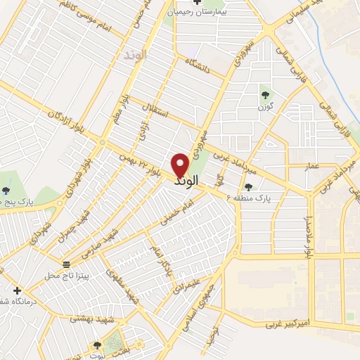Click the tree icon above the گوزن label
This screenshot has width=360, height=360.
click(264, 94)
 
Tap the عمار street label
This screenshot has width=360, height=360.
click(312, 167)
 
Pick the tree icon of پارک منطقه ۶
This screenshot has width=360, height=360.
click(247, 187)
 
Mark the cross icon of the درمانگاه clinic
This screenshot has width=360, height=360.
click(17, 290)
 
